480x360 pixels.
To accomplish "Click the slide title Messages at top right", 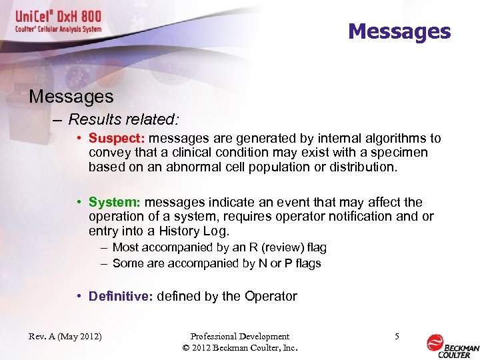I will pos(399,31).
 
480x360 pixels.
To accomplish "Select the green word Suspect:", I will pos(117,139).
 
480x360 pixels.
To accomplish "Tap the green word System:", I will pos(115,202).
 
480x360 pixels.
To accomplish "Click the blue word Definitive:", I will pos(121,296).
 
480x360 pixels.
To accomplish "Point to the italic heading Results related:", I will pos(124,119).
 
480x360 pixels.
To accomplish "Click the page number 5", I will pos(397,337).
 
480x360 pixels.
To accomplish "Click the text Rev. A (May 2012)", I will pos(65,337).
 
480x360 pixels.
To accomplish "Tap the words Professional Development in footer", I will pos(240,337).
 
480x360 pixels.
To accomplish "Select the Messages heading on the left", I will pos(71,97).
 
